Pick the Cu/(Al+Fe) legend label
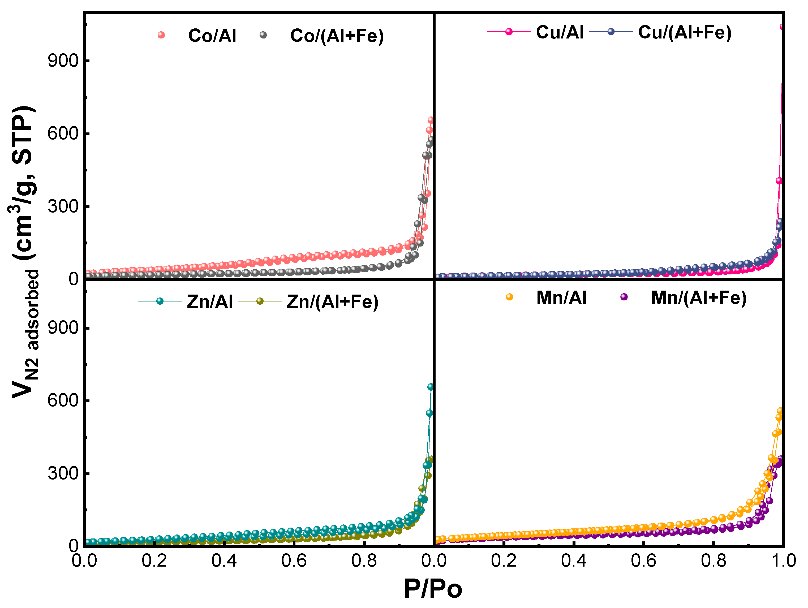[x=685, y=32]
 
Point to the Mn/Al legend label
[x=561, y=297]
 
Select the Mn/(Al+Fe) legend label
[x=698, y=297]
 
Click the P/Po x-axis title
[x=433, y=589]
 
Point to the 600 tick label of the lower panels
[x=63, y=400]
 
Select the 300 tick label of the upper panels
[x=63, y=206]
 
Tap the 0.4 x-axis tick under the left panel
[x=224, y=560]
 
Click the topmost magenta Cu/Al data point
[x=782, y=27]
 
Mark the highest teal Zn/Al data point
[x=430, y=387]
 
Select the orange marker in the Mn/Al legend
[x=509, y=297]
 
